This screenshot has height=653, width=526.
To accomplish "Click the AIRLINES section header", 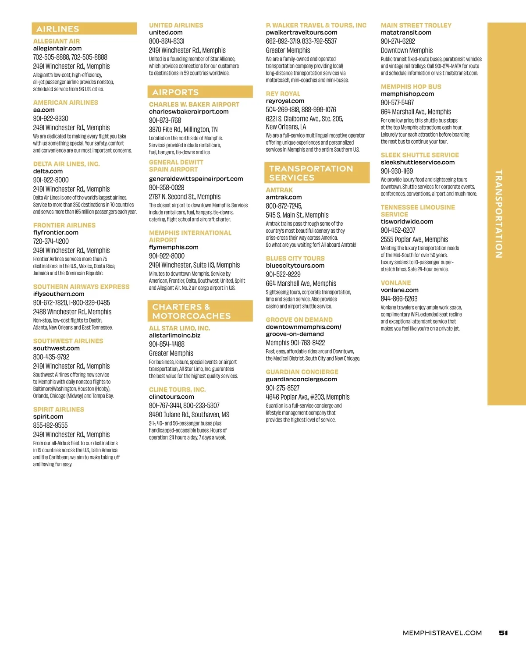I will [x=58, y=29].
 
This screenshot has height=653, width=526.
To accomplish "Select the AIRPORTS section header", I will [x=175, y=92].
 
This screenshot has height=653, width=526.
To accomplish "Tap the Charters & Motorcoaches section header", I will [x=192, y=311].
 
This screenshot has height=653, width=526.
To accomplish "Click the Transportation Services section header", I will [x=311, y=173].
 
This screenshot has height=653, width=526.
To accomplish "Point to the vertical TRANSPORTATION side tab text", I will [x=498, y=214].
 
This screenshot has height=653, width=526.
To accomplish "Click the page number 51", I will [x=503, y=633].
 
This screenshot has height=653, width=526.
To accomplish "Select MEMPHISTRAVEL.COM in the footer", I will [x=442, y=633].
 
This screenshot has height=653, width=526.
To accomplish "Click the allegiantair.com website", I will [x=57, y=49].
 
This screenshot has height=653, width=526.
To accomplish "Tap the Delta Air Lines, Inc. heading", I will [x=67, y=164].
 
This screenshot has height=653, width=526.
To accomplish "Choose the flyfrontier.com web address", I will [x=56, y=233].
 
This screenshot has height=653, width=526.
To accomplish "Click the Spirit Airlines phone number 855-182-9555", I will [x=50, y=425].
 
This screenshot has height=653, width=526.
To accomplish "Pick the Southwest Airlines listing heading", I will [x=68, y=341].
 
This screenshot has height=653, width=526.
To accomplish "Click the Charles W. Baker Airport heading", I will [x=194, y=104].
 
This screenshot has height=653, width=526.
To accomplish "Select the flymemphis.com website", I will [x=174, y=247].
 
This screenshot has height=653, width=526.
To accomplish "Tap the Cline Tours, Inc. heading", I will [x=178, y=390].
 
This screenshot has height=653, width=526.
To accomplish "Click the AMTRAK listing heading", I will [x=279, y=190].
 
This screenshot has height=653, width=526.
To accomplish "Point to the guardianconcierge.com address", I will [x=302, y=380].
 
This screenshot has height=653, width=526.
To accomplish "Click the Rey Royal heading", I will [x=283, y=94].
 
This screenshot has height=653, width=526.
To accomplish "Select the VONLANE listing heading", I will [x=396, y=283].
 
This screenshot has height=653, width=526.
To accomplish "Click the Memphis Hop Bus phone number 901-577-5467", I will [x=397, y=103].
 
